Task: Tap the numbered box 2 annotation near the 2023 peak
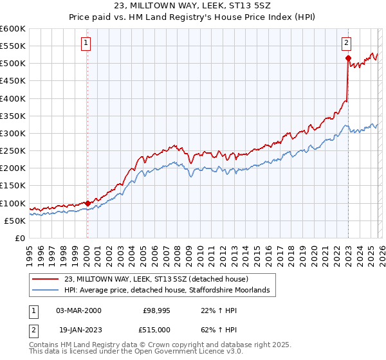(x=347, y=43)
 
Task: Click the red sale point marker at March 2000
(x=87, y=203)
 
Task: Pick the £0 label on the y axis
(x=21, y=238)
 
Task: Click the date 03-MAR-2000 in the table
(x=78, y=310)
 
